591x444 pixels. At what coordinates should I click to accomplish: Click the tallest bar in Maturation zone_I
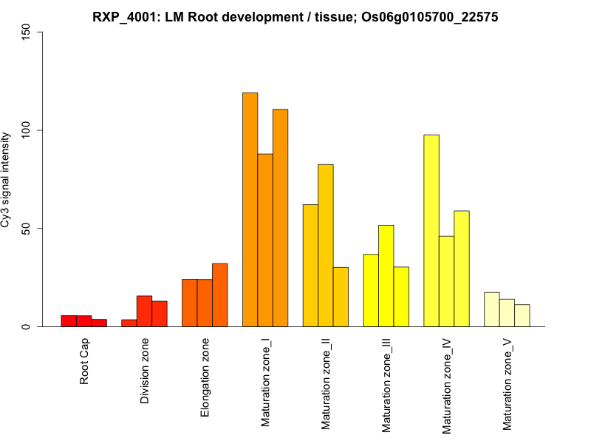(x=250, y=209)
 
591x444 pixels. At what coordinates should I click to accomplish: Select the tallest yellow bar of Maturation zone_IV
(x=431, y=230)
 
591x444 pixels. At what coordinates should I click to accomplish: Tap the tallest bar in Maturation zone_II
(x=326, y=245)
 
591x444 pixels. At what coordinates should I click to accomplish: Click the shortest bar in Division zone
(x=129, y=323)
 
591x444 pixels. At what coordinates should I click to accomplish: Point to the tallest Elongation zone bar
(x=219, y=295)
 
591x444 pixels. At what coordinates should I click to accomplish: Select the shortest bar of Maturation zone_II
(x=341, y=297)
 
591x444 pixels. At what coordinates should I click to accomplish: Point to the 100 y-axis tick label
(x=26, y=130)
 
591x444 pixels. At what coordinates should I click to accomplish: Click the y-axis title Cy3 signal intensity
(x=8, y=179)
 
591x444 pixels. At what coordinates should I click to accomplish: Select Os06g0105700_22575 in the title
(x=423, y=16)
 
